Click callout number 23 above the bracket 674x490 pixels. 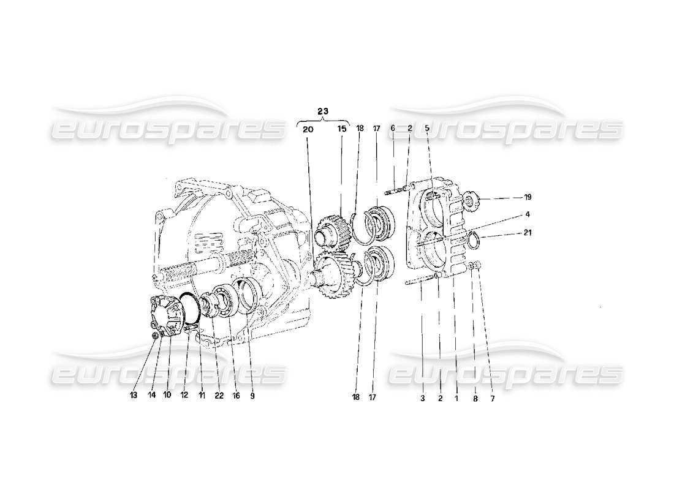tap(322, 111)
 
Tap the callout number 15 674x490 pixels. tap(341, 129)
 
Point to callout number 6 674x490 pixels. tap(393, 129)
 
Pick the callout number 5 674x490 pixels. tap(427, 129)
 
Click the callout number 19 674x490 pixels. tap(527, 197)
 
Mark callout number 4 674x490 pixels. tap(527, 214)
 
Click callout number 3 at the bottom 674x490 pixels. tap(422, 398)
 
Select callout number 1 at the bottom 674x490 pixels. tap(456, 398)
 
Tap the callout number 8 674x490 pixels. tap(474, 398)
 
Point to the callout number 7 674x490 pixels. tap(491, 398)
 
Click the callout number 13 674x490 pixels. tap(134, 396)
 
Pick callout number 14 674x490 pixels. tap(151, 396)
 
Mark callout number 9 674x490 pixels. tap(252, 396)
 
